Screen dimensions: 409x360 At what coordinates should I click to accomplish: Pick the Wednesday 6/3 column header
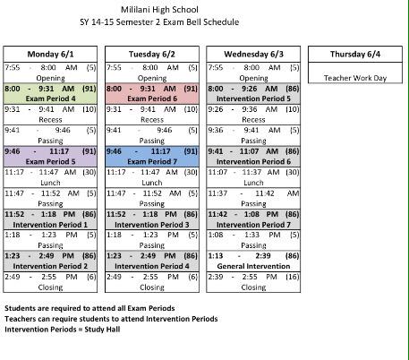point(253,54)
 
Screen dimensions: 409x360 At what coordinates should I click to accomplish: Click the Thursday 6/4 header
point(355,54)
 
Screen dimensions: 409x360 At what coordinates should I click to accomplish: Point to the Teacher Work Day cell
point(355,78)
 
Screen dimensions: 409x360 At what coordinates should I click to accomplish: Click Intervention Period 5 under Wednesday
point(253,99)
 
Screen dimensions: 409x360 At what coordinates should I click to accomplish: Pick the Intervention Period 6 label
point(253,161)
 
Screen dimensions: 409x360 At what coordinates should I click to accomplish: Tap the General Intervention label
point(253,266)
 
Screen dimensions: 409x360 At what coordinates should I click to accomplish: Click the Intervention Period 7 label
point(253,224)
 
